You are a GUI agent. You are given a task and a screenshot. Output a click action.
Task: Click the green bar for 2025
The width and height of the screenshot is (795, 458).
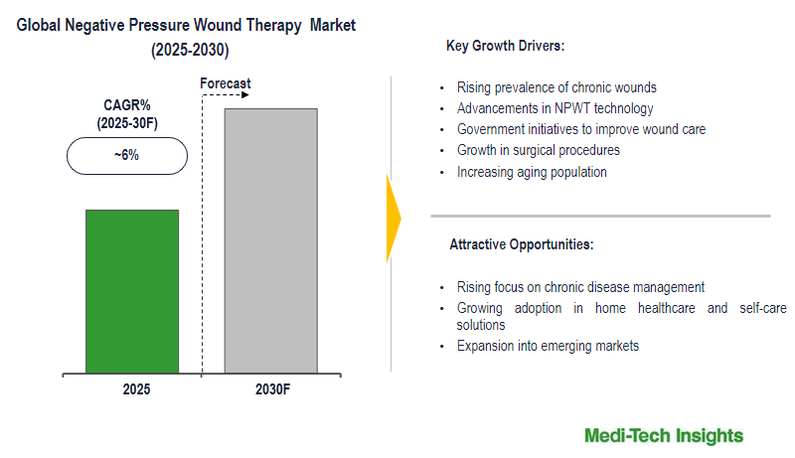[x=132, y=291]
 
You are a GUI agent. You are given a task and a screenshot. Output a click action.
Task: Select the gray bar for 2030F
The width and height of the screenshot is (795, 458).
[x=271, y=240]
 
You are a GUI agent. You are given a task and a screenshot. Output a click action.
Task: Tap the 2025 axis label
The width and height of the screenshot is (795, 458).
[x=137, y=390]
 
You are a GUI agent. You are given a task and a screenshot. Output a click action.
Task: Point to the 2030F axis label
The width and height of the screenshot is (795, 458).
[x=269, y=390]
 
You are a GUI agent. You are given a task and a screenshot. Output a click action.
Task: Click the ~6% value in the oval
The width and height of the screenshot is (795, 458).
[x=127, y=155]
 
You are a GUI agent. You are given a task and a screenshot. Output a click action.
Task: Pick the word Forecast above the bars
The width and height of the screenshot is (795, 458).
[x=226, y=83]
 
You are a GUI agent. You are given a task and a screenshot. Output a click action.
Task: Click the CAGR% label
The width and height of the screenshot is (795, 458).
[x=126, y=104]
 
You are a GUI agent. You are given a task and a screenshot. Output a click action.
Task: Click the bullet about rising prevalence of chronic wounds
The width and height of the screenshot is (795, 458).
[x=556, y=87]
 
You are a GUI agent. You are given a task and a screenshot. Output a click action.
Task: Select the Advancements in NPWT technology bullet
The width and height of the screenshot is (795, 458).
[x=555, y=108]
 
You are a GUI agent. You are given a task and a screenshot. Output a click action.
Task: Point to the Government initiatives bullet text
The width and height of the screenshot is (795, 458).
[x=581, y=129]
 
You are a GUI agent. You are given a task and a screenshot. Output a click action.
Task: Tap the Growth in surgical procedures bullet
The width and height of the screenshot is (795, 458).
[x=538, y=150]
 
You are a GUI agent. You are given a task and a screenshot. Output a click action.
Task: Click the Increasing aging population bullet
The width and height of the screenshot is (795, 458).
[x=532, y=172]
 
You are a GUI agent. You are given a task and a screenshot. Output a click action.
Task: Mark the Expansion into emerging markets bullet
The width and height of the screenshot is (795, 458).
[x=549, y=346]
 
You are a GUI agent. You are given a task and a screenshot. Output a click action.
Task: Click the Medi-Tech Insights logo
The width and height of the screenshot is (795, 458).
[x=664, y=436]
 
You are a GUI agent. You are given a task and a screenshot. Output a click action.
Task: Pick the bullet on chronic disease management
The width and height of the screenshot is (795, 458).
[x=580, y=287]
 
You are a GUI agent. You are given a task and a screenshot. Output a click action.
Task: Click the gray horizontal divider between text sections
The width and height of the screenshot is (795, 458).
[x=600, y=216]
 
